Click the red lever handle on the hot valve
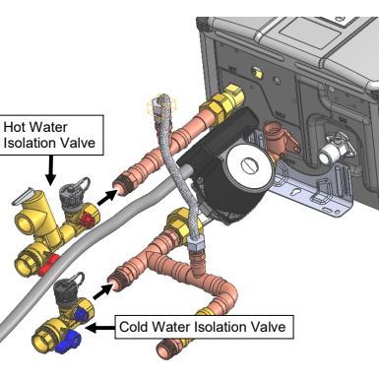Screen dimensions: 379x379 (x=48, y=265)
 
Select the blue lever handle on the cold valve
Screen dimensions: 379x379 (x=68, y=342)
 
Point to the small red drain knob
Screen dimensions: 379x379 (x=88, y=220)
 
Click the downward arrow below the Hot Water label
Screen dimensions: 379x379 (x=50, y=169)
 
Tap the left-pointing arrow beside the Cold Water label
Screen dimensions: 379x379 (x=99, y=327)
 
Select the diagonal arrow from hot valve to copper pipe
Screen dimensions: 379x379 (x=107, y=197)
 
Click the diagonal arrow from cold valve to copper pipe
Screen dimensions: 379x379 (x=102, y=291)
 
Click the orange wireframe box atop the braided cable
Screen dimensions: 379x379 (x=161, y=105)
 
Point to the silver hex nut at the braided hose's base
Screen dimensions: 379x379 (x=196, y=243)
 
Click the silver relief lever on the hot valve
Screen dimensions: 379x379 (x=23, y=196)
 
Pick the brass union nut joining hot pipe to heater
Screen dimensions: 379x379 (x=223, y=101)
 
